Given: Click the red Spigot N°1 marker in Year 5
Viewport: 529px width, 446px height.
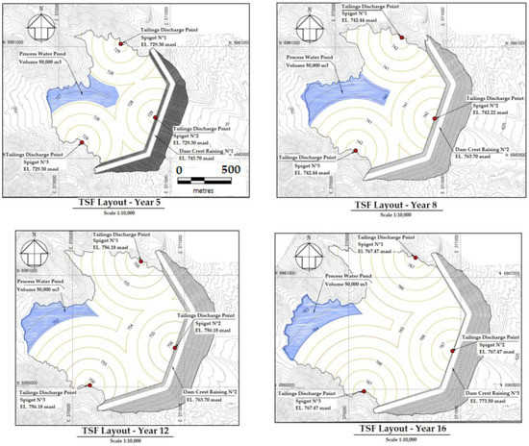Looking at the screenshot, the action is [x=120, y=43].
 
